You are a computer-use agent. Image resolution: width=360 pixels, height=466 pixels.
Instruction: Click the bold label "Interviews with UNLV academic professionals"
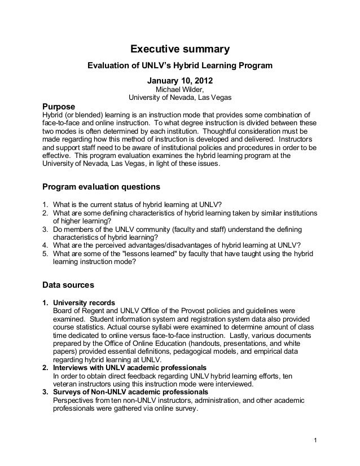pyautogui.click(x=129, y=368)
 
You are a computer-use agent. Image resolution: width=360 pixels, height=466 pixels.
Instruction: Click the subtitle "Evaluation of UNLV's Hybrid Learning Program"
pyautogui.click(x=180, y=67)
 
